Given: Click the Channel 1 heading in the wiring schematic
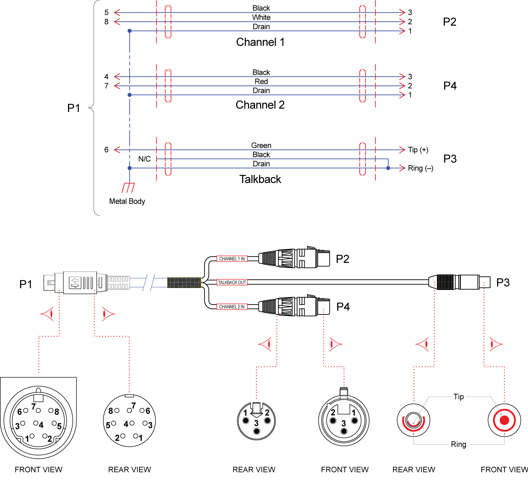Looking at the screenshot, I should pyautogui.click(x=260, y=42).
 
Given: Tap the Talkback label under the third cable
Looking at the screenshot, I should pyautogui.click(x=260, y=179).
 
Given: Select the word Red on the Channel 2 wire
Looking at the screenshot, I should pyautogui.click(x=261, y=82).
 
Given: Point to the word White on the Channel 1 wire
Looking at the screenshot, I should pyautogui.click(x=261, y=17).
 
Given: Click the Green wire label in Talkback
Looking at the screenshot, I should pyautogui.click(x=261, y=146).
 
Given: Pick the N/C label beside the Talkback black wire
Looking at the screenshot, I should pyautogui.click(x=144, y=159).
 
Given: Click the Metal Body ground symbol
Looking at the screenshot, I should pyautogui.click(x=128, y=188).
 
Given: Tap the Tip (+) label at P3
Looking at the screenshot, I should pyautogui.click(x=418, y=150).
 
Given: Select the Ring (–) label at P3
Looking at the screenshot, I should pyautogui.click(x=420, y=168).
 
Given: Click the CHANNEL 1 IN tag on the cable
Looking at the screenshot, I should pyautogui.click(x=232, y=259).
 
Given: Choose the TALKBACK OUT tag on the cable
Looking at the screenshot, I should pyautogui.click(x=232, y=282).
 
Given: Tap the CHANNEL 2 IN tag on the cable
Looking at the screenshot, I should pyautogui.click(x=232, y=307).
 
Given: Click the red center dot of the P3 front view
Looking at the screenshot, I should pyautogui.click(x=504, y=420).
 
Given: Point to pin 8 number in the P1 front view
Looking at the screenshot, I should pyautogui.click(x=57, y=412).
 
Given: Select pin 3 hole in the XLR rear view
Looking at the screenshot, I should pyautogui.click(x=257, y=431).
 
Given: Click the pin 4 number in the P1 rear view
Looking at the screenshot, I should pyautogui.click(x=126, y=424).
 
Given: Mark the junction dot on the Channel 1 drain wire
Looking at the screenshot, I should pyautogui.click(x=130, y=31).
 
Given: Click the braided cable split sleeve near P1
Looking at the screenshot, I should pyautogui.click(x=184, y=283).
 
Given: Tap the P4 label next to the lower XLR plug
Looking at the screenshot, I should pyautogui.click(x=343, y=307).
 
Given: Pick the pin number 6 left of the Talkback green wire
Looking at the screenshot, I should pyautogui.click(x=106, y=150).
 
